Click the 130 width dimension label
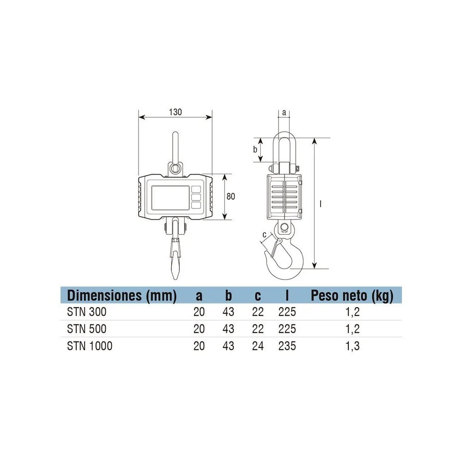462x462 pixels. [x=175, y=112]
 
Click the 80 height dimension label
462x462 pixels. [x=231, y=196]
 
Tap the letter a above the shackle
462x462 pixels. [x=284, y=112]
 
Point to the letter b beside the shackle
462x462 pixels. [x=255, y=149]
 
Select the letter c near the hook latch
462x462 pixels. [x=264, y=235]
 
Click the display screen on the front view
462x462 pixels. [x=170, y=198]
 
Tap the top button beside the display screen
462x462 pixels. [x=196, y=189]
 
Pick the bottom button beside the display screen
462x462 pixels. [x=196, y=205]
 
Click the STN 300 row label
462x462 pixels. [x=87, y=312]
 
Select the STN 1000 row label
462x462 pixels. [x=90, y=346]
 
